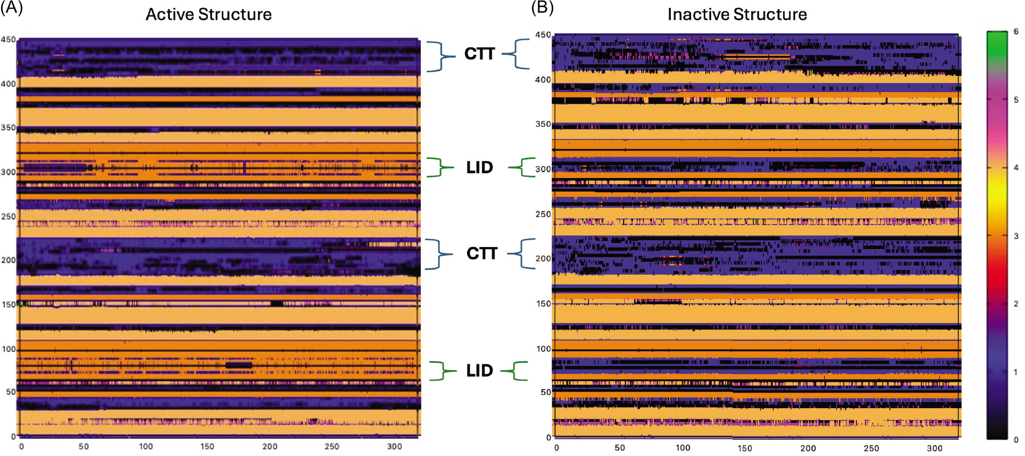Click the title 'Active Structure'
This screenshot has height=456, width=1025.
(208, 14)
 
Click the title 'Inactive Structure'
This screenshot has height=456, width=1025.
(737, 14)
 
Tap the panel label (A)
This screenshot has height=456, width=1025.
(12, 8)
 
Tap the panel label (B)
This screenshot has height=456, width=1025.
(542, 7)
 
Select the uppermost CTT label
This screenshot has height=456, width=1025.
(480, 54)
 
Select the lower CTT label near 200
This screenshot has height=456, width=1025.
(481, 253)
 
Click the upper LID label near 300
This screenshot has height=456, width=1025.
(480, 168)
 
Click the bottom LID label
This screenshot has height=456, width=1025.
(480, 370)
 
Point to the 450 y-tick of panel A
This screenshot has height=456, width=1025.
(8, 40)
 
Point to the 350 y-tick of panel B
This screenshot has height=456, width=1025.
(543, 124)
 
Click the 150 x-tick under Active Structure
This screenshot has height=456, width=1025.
(207, 446)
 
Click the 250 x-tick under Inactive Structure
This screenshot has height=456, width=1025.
(871, 448)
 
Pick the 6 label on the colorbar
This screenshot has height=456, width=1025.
(1016, 32)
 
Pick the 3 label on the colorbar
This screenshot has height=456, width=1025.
(1016, 235)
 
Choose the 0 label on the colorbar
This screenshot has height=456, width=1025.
(1016, 439)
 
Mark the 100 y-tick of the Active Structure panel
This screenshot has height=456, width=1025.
(9, 349)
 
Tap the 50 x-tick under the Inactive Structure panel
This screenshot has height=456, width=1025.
(620, 448)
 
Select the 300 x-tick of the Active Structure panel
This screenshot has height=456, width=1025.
(394, 446)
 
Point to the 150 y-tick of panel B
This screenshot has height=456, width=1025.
(543, 303)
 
